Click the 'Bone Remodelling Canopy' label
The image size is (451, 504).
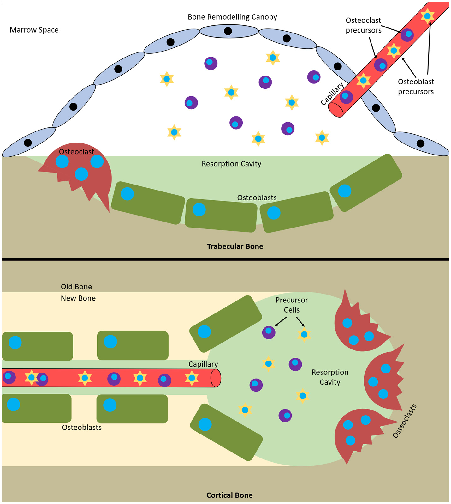(x=232, y=17)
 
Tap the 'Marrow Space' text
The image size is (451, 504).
(x=34, y=30)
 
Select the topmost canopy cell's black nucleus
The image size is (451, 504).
(x=228, y=31)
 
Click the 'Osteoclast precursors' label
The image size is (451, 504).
(x=363, y=25)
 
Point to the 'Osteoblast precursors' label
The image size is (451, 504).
(x=416, y=87)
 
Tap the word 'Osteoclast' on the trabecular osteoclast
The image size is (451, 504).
(x=76, y=152)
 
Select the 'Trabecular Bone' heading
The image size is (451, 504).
(x=235, y=246)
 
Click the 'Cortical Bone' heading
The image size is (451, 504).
(x=229, y=495)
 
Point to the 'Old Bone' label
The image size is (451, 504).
(x=76, y=287)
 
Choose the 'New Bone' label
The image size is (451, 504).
(x=78, y=298)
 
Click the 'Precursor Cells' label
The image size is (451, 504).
(x=291, y=305)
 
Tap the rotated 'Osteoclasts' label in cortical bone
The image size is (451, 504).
(x=404, y=421)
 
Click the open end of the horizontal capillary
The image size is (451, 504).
(x=216, y=378)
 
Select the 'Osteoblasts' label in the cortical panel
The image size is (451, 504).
(x=82, y=428)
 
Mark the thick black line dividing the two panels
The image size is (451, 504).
(x=225, y=259)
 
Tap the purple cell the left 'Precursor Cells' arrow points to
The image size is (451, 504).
(x=269, y=332)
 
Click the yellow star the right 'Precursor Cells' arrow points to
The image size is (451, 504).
(x=304, y=334)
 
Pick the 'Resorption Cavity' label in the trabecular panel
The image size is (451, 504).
(x=231, y=164)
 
